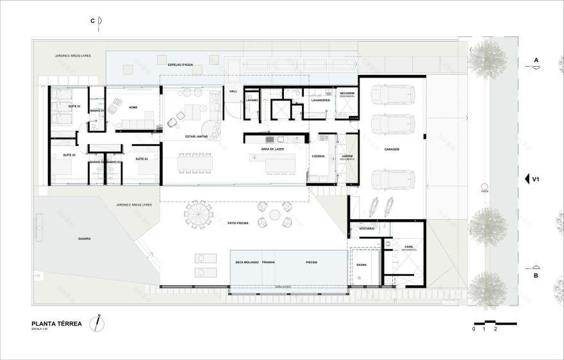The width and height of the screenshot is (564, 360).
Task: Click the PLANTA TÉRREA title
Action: pyautogui.click(x=56, y=324)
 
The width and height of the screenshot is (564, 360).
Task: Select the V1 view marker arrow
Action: pyautogui.click(x=526, y=179)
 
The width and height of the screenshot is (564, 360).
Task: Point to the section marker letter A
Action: pyautogui.click(x=536, y=61)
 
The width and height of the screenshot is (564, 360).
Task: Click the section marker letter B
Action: pyautogui.click(x=536, y=277)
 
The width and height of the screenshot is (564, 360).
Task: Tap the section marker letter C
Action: pyautogui.click(x=93, y=21)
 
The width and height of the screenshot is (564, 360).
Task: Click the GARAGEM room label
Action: pyautogui.click(x=392, y=149)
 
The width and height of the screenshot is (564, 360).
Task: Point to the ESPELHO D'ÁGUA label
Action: pyautogui.click(x=180, y=65)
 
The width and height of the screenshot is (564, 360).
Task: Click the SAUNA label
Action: pyautogui.click(x=361, y=264)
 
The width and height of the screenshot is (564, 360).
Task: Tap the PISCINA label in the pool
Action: pyautogui.click(x=312, y=263)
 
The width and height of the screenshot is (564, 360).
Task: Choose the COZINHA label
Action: pyautogui.click(x=319, y=156)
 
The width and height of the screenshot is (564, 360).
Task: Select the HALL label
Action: pyautogui.click(x=233, y=92)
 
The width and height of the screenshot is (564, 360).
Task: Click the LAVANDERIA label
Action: pyautogui.click(x=320, y=100)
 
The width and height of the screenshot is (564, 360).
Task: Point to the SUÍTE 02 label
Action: pyautogui.click(x=69, y=156)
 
